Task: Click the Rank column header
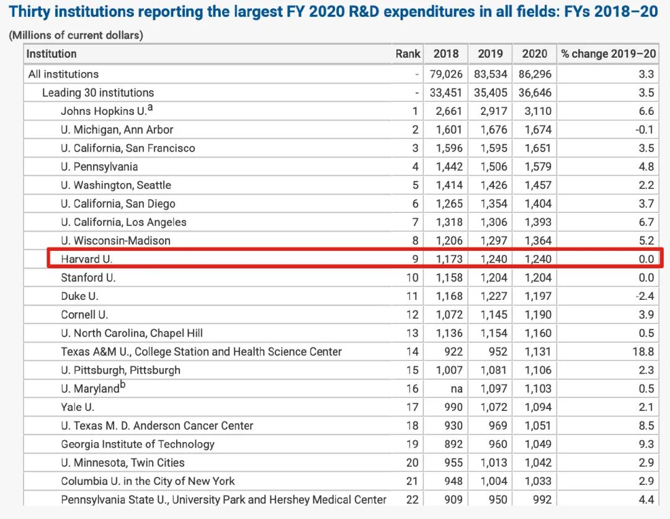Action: pyautogui.click(x=408, y=54)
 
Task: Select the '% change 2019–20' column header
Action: pyautogui.click(x=608, y=54)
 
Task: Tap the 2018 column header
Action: pyautogui.click(x=446, y=54)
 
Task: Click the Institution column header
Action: pyautogui.click(x=51, y=54)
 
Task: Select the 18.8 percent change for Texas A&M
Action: pyautogui.click(x=646, y=351)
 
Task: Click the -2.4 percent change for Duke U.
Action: pyautogui.click(x=646, y=296)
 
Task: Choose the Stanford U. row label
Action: pyautogui.click(x=88, y=278)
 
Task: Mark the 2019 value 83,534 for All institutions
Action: pyautogui.click(x=491, y=74)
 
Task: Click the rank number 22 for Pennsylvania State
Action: pyautogui.click(x=413, y=499)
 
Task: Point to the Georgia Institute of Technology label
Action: pyautogui.click(x=138, y=444)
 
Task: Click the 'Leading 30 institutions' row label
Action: pyautogui.click(x=98, y=93)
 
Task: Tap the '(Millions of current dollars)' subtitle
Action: pyautogui.click(x=76, y=35)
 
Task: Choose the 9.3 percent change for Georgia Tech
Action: pyautogui.click(x=646, y=444)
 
